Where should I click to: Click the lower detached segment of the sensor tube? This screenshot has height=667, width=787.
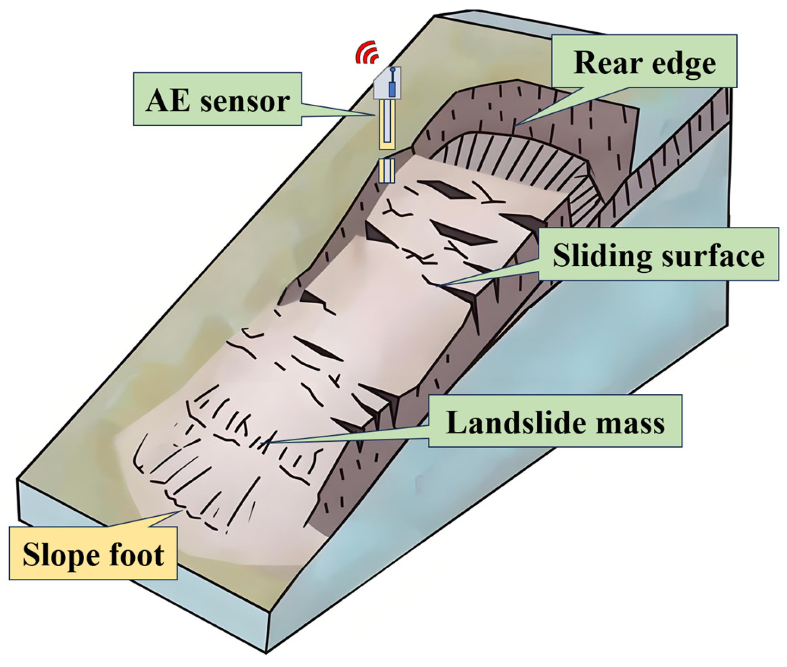coord(387,171)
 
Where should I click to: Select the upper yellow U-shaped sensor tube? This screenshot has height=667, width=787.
coord(387,125)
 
